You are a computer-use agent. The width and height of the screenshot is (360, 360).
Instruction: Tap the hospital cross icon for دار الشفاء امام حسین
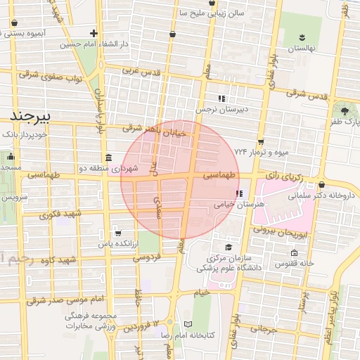(94, 33)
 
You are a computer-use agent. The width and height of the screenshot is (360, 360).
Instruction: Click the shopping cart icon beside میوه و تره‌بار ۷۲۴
(260, 142)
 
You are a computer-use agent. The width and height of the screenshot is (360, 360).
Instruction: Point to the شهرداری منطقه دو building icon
(108, 157)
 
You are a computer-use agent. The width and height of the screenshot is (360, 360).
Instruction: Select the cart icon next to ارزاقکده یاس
(118, 233)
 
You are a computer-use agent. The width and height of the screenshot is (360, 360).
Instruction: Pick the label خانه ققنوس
(294, 263)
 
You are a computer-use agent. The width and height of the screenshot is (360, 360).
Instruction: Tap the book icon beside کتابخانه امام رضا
(187, 323)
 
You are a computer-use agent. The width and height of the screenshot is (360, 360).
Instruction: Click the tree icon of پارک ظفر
(344, 110)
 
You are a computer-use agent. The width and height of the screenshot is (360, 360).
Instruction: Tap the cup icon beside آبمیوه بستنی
(15, 22)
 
